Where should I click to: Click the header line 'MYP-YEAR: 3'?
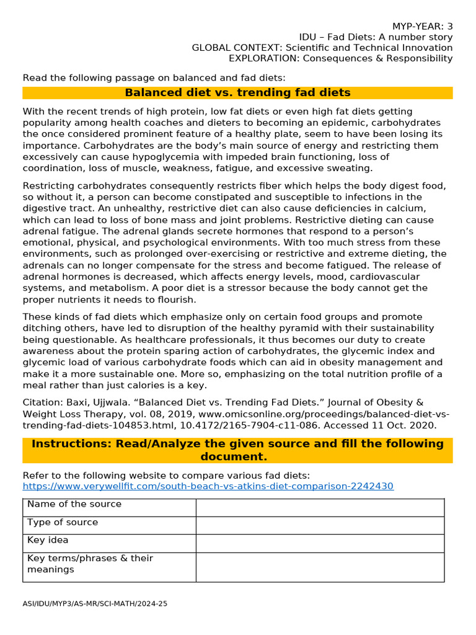(423, 26)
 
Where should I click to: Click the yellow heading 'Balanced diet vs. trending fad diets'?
(237, 93)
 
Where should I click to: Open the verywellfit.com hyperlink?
(208, 486)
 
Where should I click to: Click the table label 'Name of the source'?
(74, 504)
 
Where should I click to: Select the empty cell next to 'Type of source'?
(320, 525)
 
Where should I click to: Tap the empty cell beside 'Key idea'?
(320, 543)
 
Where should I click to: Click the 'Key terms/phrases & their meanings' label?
(90, 564)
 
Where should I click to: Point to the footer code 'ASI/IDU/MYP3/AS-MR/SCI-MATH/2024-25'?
(95, 603)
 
